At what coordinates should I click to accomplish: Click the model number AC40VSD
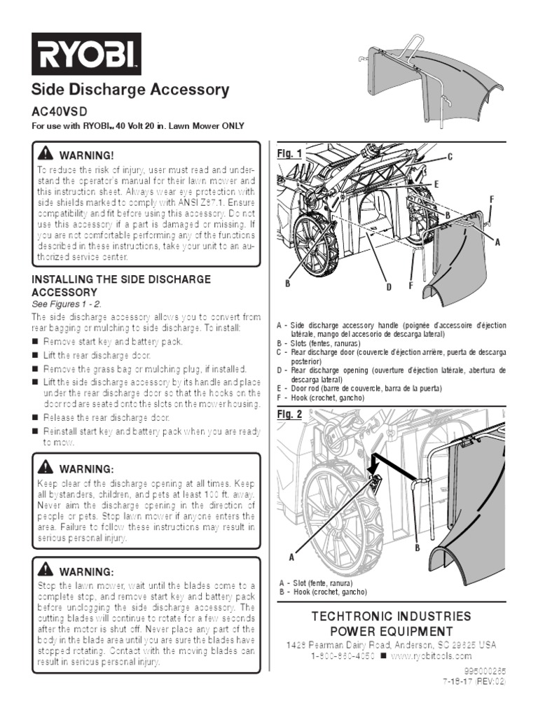tap(62, 112)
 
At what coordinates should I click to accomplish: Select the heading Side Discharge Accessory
tap(131, 90)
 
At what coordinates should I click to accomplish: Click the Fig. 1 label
tap(289, 153)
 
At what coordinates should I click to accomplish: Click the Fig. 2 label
tap(289, 415)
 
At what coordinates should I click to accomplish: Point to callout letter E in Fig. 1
tap(435, 183)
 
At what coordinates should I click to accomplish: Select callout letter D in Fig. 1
tap(387, 287)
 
